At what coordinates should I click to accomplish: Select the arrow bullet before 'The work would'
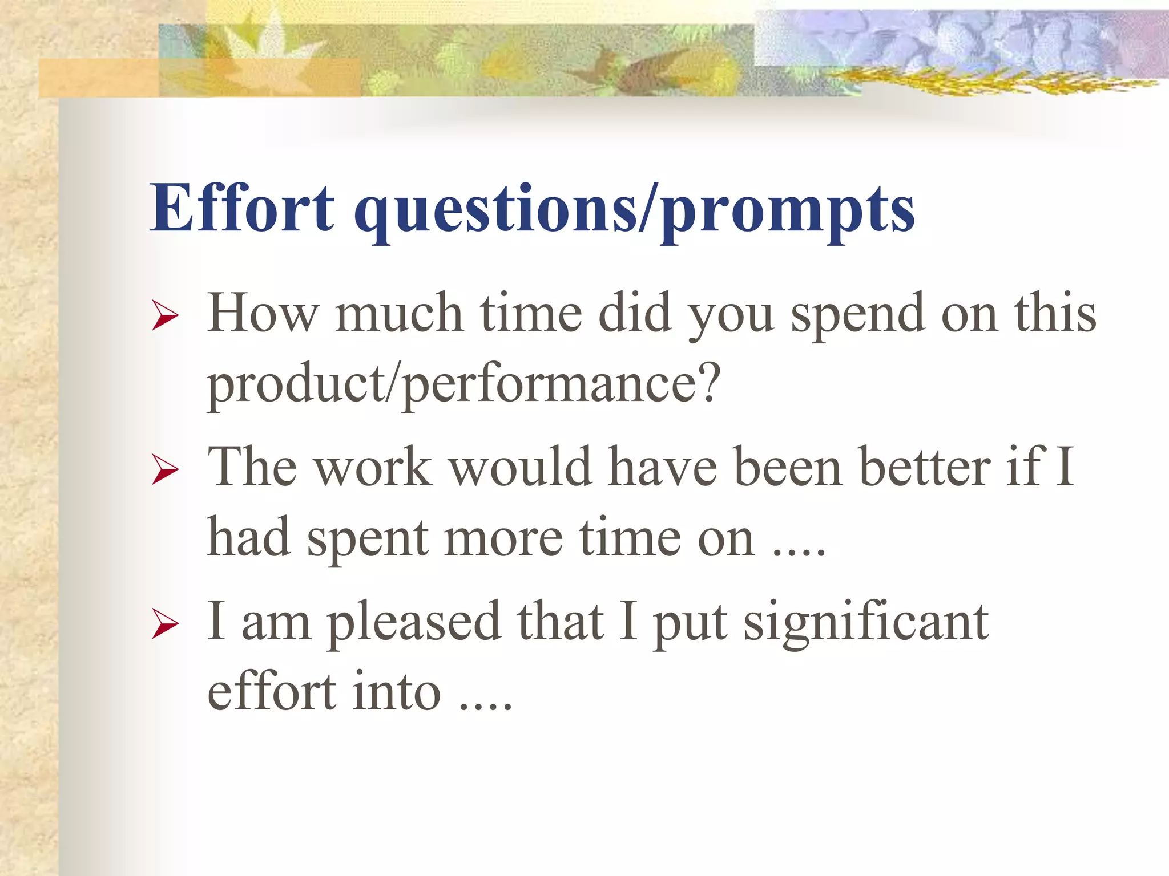[166, 471]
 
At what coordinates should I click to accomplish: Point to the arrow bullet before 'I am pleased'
[166, 625]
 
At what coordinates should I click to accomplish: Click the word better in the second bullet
[925, 468]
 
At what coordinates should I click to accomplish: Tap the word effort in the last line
[272, 692]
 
